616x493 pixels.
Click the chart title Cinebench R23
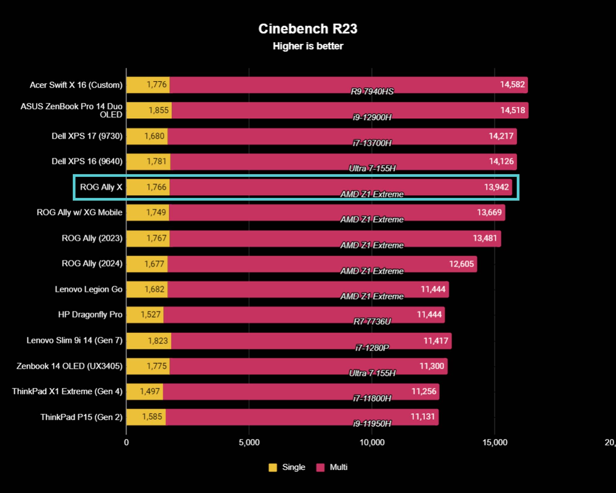(x=308, y=29)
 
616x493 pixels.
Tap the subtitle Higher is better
(x=308, y=46)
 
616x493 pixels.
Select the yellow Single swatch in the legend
(x=273, y=467)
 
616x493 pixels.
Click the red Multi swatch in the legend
(x=320, y=467)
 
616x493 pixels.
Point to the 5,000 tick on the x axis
(x=249, y=442)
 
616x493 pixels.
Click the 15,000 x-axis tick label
(x=495, y=442)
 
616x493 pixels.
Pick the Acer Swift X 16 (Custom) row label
(x=76, y=85)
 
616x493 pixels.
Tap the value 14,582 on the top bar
(x=512, y=84)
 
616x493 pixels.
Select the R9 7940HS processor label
(x=372, y=91)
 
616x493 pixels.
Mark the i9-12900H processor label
(x=372, y=117)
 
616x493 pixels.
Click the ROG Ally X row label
(x=101, y=187)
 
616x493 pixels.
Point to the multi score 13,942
(x=496, y=187)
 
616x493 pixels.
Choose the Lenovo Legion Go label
(x=88, y=289)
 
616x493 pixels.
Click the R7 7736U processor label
(x=372, y=322)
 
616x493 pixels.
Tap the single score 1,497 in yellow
(x=150, y=391)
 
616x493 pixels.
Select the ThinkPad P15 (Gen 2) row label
(x=82, y=417)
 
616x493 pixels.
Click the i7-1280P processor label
(x=372, y=348)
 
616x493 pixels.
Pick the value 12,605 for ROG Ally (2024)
(x=461, y=264)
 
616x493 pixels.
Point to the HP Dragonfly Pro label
(x=90, y=315)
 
